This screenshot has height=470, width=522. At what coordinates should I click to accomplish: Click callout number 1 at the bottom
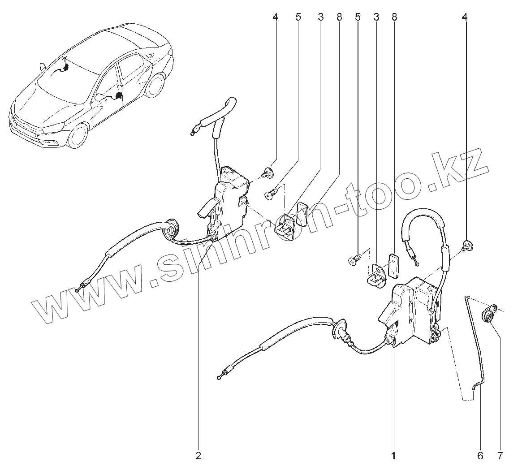(x=393, y=457)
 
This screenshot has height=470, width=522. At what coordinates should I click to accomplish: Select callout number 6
(x=480, y=457)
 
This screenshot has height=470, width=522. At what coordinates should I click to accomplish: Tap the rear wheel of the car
(x=155, y=85)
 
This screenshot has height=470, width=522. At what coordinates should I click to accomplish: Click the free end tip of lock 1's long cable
(x=220, y=377)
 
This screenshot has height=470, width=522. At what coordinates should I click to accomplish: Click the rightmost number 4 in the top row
(x=464, y=17)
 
